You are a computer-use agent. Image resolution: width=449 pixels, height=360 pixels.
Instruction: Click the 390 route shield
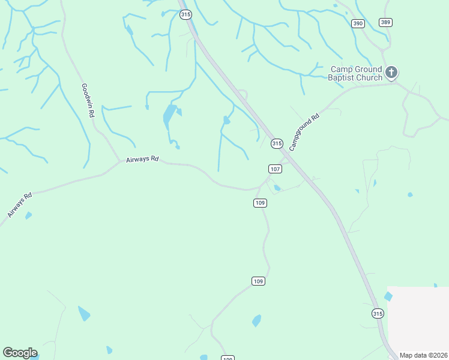[358, 23]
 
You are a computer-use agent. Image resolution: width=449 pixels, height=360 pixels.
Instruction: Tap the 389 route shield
[385, 22]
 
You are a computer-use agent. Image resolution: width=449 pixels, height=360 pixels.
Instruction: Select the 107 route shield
[275, 169]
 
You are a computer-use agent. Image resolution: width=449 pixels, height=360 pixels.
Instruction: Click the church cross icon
[391, 73]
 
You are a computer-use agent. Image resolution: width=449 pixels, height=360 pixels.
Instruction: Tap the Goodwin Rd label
[88, 100]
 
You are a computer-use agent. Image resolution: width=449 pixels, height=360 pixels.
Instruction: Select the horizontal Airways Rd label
[142, 160]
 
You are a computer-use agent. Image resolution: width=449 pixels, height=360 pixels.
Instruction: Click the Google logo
[20, 353]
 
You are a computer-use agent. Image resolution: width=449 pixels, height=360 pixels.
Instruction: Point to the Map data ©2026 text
[424, 355]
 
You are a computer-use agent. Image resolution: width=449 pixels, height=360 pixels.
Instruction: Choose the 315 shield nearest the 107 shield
[276, 143]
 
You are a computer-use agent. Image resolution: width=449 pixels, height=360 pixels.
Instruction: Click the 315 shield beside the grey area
[377, 313]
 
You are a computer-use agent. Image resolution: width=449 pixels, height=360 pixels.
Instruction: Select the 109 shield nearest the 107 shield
[259, 203]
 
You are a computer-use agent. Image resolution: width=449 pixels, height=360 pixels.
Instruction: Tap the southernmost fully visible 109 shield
[258, 281]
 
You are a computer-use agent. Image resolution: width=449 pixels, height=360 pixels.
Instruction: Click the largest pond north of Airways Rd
[169, 117]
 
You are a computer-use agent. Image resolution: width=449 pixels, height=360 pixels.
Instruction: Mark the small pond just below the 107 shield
[277, 188]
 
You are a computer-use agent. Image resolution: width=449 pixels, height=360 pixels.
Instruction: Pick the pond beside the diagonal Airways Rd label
[28, 215]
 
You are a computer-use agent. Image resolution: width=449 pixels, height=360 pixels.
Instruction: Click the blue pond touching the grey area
[388, 296]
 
